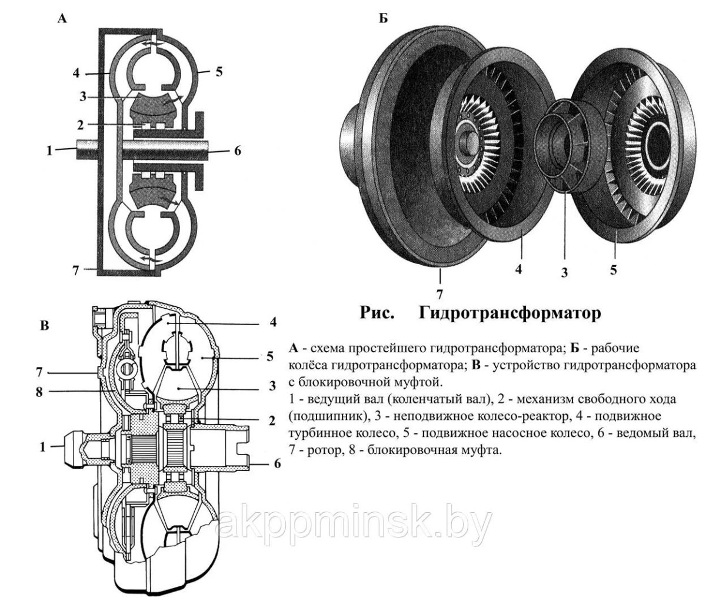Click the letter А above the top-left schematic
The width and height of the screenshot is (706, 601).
62,19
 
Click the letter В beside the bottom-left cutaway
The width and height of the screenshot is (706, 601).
44,325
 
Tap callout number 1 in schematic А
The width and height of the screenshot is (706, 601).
51,149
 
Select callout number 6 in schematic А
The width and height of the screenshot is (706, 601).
237,149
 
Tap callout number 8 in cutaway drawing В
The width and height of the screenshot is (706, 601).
39,393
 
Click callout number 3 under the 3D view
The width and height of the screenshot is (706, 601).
565,273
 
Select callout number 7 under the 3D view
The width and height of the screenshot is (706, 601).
439,293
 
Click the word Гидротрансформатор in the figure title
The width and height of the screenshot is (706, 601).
510,313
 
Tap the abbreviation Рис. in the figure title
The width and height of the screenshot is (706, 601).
377,313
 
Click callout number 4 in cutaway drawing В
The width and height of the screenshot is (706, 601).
272,322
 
